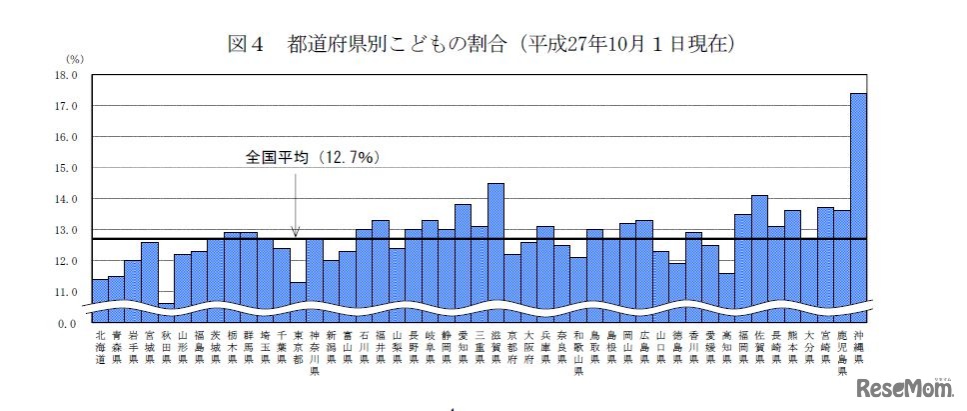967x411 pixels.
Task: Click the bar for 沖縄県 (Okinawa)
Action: [858, 200]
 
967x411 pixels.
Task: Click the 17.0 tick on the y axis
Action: [65, 106]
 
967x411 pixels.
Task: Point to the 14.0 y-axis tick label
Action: [65, 199]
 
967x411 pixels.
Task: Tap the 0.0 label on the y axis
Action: [67, 324]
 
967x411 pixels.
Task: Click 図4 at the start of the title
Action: [246, 44]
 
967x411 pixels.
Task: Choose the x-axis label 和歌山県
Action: [578, 352]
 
